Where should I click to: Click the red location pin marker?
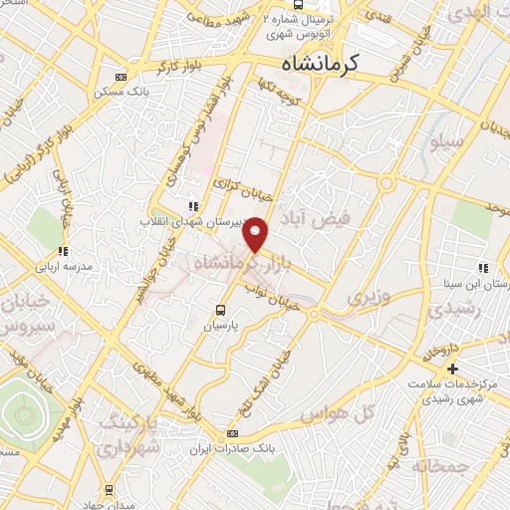click(256, 234)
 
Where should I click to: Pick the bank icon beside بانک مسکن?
click(122, 76)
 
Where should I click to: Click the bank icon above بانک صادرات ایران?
click(233, 433)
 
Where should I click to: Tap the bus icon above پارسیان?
click(221, 309)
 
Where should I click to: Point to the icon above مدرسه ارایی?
click(62, 252)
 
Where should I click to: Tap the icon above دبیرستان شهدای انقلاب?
click(193, 206)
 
